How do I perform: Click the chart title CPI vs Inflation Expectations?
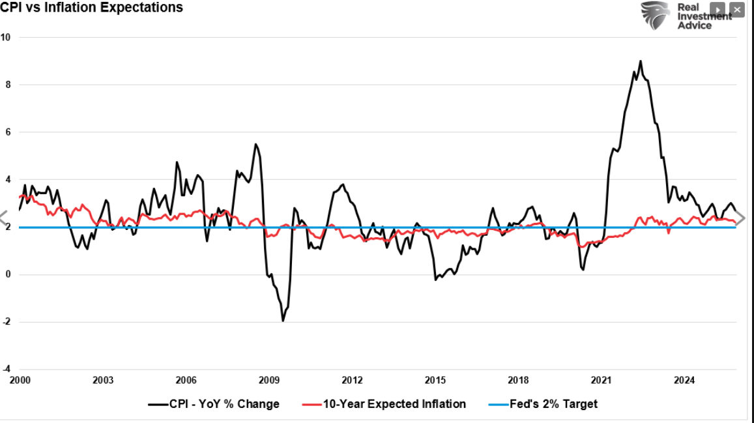pos(91,8)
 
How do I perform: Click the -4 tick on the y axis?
pos(6,370)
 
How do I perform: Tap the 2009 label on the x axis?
pos(269,381)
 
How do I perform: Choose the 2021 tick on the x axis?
pos(601,381)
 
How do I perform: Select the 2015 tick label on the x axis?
pos(435,381)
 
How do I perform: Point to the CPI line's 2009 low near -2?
pos(283,321)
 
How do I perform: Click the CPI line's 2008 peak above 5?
pos(255,144)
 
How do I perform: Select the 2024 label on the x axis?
pos(684,381)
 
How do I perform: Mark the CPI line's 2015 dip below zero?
pos(435,280)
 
